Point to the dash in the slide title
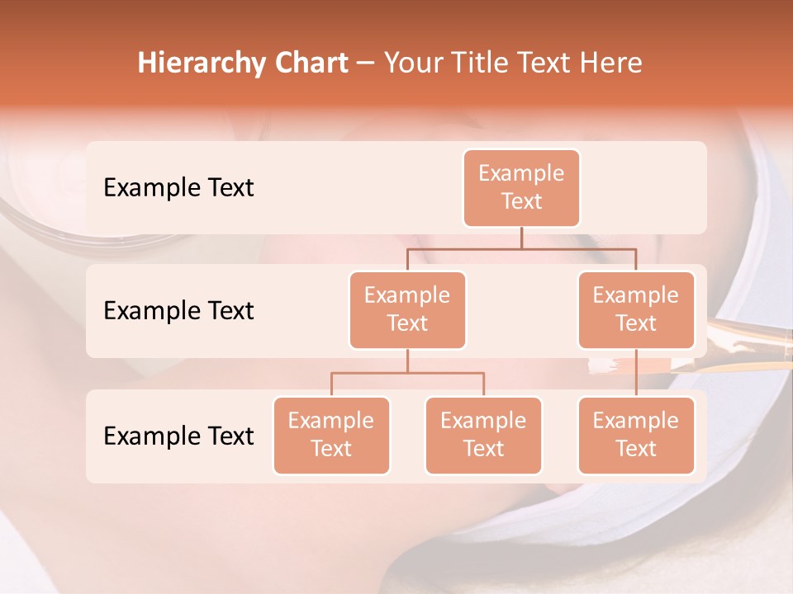point(366,64)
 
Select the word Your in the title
point(411,64)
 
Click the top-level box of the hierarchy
point(521,187)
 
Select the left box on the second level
point(407,309)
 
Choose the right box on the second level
point(636,309)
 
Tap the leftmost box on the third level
point(331,435)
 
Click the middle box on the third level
point(483,435)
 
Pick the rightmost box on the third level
point(636,435)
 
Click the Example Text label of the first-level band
point(178,188)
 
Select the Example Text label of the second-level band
point(178,311)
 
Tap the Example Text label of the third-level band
point(178,436)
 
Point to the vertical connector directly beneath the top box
point(521,238)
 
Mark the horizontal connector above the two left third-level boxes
point(407,373)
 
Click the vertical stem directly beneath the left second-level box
point(407,361)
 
